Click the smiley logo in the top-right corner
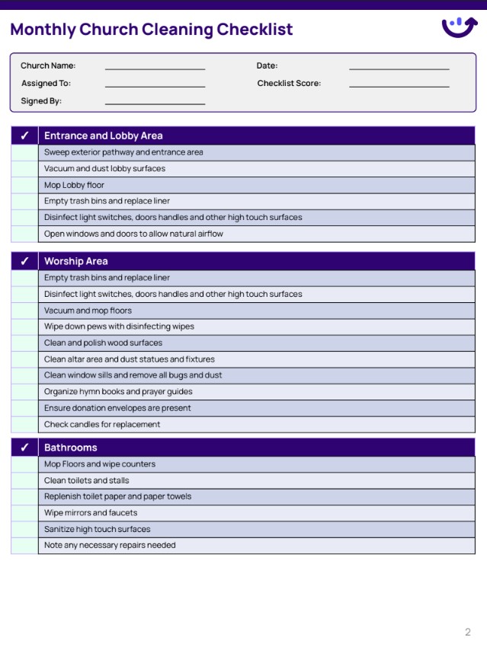(x=460, y=27)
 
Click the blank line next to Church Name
(x=155, y=69)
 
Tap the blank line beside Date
(x=399, y=69)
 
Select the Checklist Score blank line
(x=399, y=86)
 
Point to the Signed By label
(x=41, y=100)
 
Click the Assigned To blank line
(x=155, y=86)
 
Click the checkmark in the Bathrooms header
(x=24, y=448)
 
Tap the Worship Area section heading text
(x=75, y=261)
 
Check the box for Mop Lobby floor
(x=24, y=185)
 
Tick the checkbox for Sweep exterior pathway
(x=24, y=152)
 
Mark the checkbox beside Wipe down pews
(x=24, y=327)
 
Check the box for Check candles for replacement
(x=24, y=424)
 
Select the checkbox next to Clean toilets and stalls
(x=24, y=480)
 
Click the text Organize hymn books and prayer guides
(x=118, y=391)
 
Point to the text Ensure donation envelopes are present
(x=117, y=408)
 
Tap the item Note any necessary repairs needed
(x=110, y=545)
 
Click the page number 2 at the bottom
(x=468, y=632)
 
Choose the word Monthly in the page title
(x=43, y=30)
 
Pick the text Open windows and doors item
(x=133, y=234)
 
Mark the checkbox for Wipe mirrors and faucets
(x=24, y=513)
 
